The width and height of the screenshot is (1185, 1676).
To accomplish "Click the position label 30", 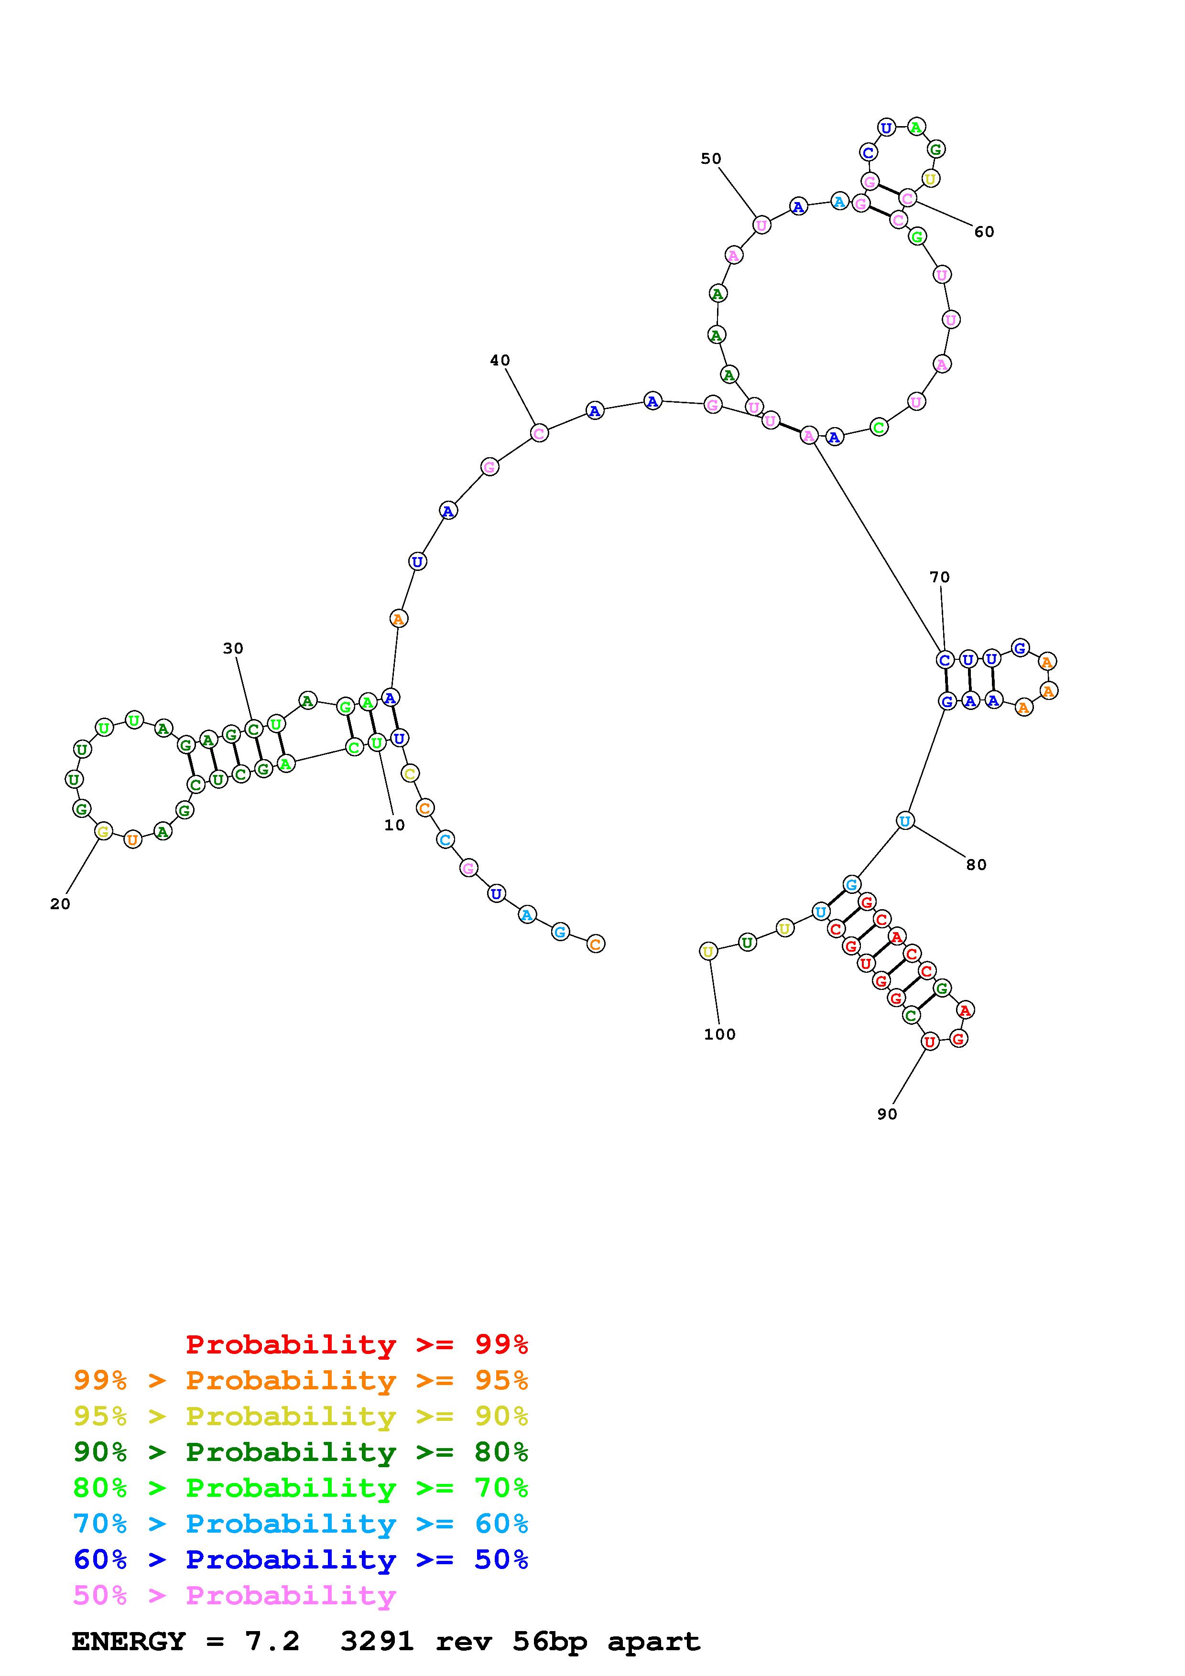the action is [233, 648].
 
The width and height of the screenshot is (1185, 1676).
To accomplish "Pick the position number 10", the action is [394, 825].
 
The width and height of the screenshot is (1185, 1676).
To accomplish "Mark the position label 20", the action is [60, 904].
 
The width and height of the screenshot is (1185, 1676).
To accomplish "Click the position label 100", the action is [720, 1034].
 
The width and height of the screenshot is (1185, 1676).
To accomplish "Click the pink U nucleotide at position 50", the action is [761, 225].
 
